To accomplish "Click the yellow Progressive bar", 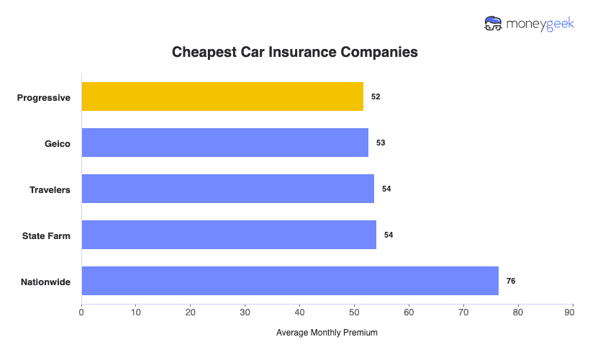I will pyautogui.click(x=222, y=96).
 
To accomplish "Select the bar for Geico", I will pyautogui.click(x=224, y=143).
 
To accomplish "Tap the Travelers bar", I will pyautogui.click(x=227, y=189).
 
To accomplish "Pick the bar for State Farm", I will pyautogui.click(x=229, y=235).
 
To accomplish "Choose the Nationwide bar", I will pyautogui.click(x=290, y=281).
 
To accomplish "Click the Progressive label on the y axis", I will pyautogui.click(x=44, y=97).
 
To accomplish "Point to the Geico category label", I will pyautogui.click(x=57, y=143).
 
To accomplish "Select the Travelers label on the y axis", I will pyautogui.click(x=50, y=189).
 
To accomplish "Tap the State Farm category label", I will pyautogui.click(x=47, y=235).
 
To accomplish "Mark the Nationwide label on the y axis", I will pyautogui.click(x=45, y=282).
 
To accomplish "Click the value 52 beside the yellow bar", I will pyautogui.click(x=376, y=96).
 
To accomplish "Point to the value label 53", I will pyautogui.click(x=381, y=143).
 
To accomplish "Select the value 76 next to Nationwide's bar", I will pyautogui.click(x=511, y=281).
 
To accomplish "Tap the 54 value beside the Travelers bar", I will pyautogui.click(x=386, y=189).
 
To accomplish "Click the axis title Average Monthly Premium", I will pyautogui.click(x=327, y=333).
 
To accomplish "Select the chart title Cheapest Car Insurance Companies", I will pyautogui.click(x=295, y=53).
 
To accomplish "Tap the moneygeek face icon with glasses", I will pyautogui.click(x=494, y=24).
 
